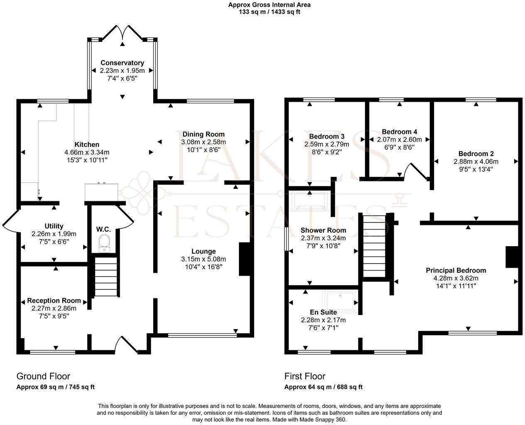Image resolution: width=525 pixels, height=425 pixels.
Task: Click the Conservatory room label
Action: pyautogui.click(x=122, y=63)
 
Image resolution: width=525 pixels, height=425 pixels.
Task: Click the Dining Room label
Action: pyautogui.click(x=204, y=134)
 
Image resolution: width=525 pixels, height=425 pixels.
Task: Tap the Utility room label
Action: pyautogui.click(x=54, y=226)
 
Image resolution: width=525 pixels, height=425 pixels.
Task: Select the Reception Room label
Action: pyautogui.click(x=54, y=300)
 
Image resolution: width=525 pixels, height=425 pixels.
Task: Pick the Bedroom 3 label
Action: pyautogui.click(x=327, y=137)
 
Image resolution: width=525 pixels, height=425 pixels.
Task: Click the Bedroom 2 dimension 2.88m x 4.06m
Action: pyautogui.click(x=476, y=161)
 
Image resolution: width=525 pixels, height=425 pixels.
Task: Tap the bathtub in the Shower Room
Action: pyautogui.click(x=311, y=202)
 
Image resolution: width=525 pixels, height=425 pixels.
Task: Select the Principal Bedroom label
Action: pyautogui.click(x=456, y=270)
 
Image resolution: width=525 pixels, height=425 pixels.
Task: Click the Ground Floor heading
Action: pyautogui.click(x=43, y=376)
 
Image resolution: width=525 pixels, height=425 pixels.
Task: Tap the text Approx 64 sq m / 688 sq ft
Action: pyautogui.click(x=323, y=387)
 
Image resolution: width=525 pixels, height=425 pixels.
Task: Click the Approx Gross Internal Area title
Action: pyautogui.click(x=269, y=5)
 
